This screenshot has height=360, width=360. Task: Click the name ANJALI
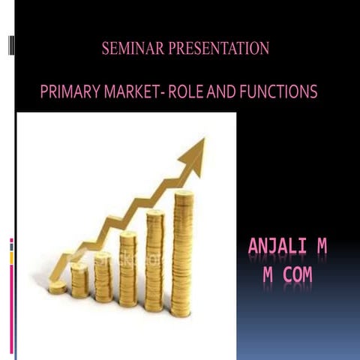[274, 247]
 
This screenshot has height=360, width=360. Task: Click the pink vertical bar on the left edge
[11, 300]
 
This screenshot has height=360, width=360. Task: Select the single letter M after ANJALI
[321, 247]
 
